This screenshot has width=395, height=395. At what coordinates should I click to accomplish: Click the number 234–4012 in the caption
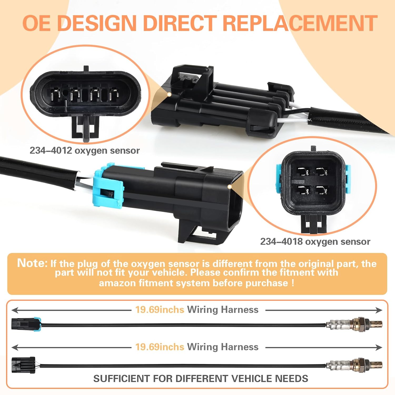pos(51,151)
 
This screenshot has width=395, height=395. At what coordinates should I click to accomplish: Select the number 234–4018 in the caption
pos(281,241)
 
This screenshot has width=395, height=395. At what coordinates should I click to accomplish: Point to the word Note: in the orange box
pos(32,263)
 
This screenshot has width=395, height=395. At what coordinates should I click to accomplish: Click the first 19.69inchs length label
pos(160,310)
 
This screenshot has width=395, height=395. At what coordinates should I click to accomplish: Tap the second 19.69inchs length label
pos(160,347)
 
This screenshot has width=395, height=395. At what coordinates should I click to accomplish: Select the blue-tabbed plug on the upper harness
pos(26,324)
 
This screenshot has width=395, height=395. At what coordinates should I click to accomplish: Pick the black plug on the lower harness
pos(24,365)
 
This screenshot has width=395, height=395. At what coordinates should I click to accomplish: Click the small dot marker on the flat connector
pos(169,94)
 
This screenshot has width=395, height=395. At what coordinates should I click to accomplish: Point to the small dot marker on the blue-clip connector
pos(230,187)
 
